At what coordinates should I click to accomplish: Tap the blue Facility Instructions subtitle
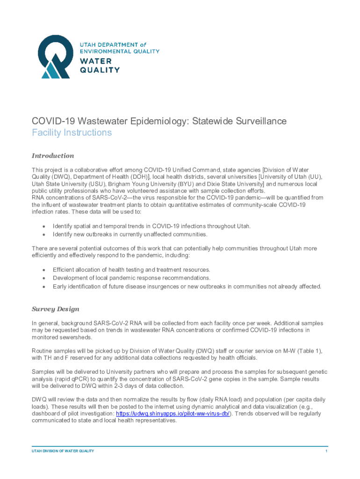(72, 132)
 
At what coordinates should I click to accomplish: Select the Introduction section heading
(52, 155)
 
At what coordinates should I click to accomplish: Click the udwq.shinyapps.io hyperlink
(173, 414)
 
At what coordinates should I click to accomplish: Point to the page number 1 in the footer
(326, 451)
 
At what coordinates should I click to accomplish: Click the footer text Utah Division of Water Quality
(63, 451)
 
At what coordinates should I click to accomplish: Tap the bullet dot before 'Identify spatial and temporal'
(43, 226)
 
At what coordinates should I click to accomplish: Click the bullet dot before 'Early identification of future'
(43, 286)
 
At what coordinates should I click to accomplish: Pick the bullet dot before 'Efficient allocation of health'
(43, 270)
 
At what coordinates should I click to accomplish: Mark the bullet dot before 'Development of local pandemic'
(43, 278)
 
